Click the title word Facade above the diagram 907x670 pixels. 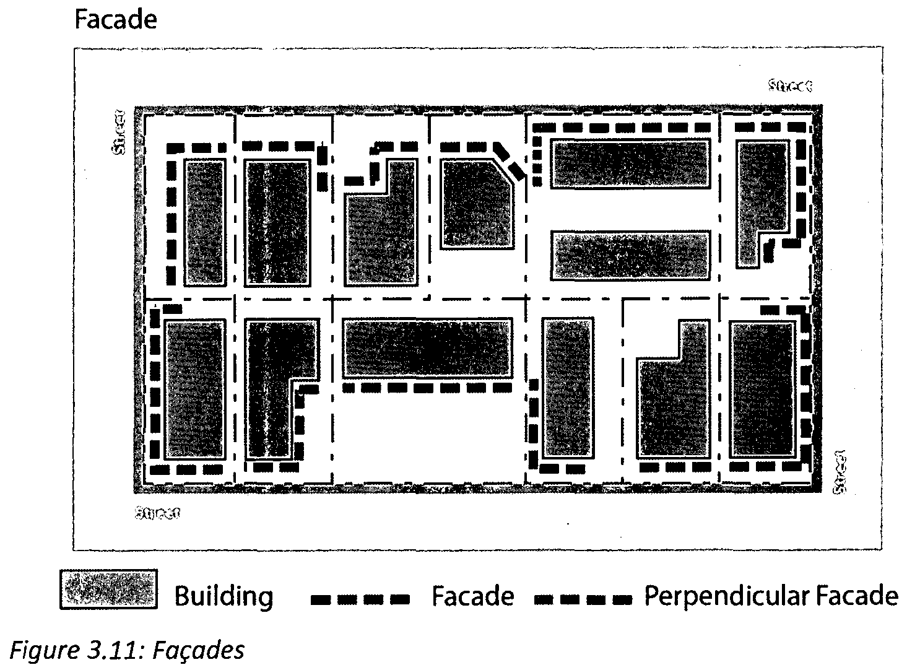pos(115,20)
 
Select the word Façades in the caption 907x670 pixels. pos(198,650)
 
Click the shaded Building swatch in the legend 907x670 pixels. pos(108,589)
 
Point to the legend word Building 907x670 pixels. pos(223,596)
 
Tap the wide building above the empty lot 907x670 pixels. pos(427,348)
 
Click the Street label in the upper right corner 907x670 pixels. pos(789,85)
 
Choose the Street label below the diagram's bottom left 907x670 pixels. pos(157,513)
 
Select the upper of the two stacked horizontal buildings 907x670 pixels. pos(630,164)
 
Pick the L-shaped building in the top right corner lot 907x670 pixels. pos(759,198)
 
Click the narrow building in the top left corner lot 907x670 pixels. pos(204,223)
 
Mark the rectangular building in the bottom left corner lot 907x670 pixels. pos(194,389)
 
